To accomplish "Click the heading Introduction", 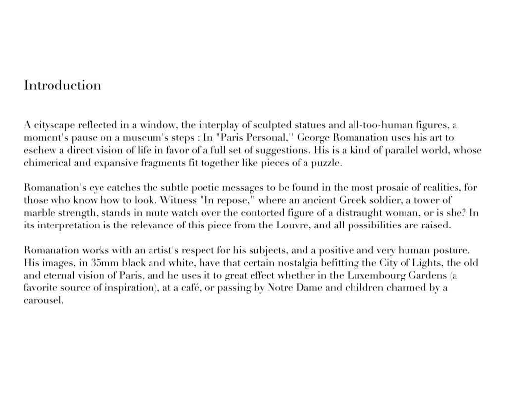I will pos(62,85).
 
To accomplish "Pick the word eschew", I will pos(39,150).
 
